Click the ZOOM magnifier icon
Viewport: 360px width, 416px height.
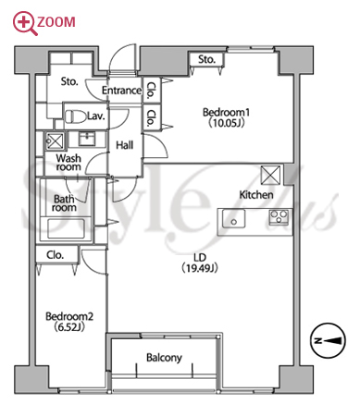[x=25, y=23]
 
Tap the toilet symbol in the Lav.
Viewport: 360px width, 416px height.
[x=75, y=116]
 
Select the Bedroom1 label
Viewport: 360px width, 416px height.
[x=226, y=112]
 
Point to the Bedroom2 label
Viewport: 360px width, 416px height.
[x=69, y=316]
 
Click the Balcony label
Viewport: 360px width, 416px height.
[x=164, y=358]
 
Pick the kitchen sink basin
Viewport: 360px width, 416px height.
[x=233, y=218]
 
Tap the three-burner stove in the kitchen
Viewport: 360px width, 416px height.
[x=279, y=216]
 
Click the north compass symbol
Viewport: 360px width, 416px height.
[x=328, y=340]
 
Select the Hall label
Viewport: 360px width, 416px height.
[x=125, y=145]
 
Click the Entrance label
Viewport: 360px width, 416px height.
[x=121, y=91]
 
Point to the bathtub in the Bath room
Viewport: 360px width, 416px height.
[x=66, y=228]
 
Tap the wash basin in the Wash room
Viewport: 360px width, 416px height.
[x=88, y=139]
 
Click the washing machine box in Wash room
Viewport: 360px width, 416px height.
[x=55, y=141]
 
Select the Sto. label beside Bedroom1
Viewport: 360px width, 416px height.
[x=206, y=59]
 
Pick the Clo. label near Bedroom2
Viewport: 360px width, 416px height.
[x=56, y=255]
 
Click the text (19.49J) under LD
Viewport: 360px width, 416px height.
[x=200, y=268]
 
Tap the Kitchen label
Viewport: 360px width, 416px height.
[x=256, y=194]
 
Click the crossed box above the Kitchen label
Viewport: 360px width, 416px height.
[x=270, y=175]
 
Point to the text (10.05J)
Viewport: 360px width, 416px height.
[x=227, y=123]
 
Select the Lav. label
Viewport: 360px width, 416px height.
[x=96, y=116]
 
